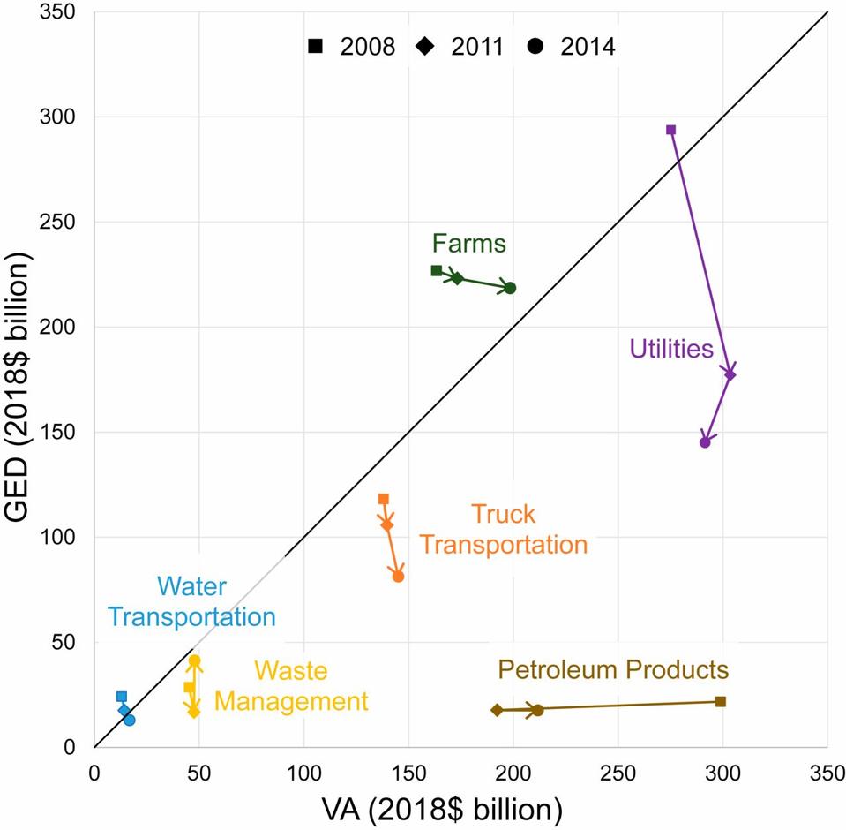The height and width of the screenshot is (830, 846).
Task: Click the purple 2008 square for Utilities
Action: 671,130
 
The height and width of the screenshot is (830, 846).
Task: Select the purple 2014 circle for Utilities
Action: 705,442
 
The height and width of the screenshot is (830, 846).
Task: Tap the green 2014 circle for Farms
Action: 510,288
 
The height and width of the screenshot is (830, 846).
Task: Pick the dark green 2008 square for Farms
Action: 437,270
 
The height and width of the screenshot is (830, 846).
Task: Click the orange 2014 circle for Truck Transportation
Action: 398,577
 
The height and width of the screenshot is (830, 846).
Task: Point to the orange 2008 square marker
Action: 384,499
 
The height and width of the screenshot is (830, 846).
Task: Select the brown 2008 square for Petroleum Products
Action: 721,701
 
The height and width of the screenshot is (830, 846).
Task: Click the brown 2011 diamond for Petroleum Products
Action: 498,710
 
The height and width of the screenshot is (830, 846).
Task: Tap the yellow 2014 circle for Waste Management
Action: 195,660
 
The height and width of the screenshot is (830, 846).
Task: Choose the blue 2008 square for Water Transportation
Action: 122,697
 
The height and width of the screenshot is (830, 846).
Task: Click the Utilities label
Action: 671,349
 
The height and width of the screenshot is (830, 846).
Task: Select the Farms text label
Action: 469,244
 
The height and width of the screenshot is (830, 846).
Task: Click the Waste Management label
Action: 291,687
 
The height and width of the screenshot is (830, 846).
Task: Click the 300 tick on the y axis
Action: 66,117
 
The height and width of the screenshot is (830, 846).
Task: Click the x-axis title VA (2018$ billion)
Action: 460,808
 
